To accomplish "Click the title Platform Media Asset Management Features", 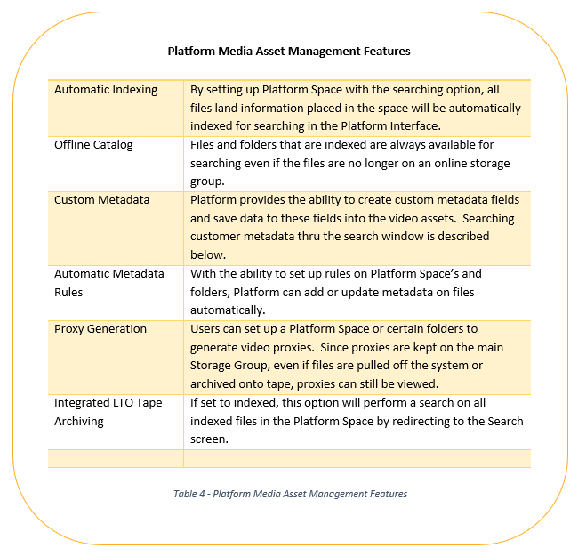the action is pyautogui.click(x=289, y=51).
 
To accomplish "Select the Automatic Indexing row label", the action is pyautogui.click(x=106, y=90).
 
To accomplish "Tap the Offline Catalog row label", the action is pyautogui.click(x=93, y=144).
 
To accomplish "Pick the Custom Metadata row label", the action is pyautogui.click(x=101, y=200).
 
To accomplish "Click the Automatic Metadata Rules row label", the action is pyautogui.click(x=109, y=283).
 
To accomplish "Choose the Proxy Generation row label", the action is pyautogui.click(x=100, y=329).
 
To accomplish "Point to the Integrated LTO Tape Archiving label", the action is pyautogui.click(x=108, y=412).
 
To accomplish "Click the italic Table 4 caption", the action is pyautogui.click(x=291, y=494).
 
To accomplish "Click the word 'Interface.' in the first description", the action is pyautogui.click(x=415, y=126).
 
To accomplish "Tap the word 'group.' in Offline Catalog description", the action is pyautogui.click(x=207, y=181).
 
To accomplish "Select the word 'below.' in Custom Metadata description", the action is pyautogui.click(x=208, y=254).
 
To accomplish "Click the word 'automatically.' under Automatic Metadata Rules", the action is pyautogui.click(x=228, y=310).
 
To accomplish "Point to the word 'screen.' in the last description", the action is pyautogui.click(x=209, y=439).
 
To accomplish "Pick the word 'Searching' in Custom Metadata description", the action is pyautogui.click(x=488, y=219).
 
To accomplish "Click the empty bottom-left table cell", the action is pyautogui.click(x=116, y=459).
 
